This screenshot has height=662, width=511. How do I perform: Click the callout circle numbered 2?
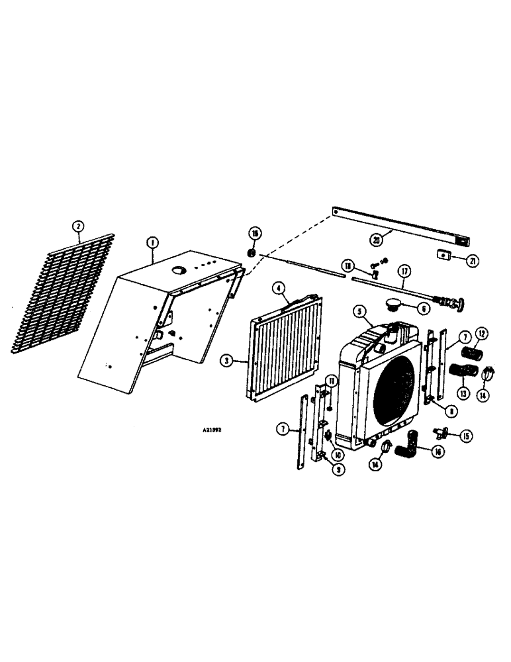(78, 226)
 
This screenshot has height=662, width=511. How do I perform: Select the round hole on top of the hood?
(181, 269)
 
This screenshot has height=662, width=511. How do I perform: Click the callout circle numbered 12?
(482, 333)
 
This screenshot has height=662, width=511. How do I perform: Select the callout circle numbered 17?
(404, 271)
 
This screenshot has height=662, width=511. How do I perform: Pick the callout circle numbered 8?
(451, 411)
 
